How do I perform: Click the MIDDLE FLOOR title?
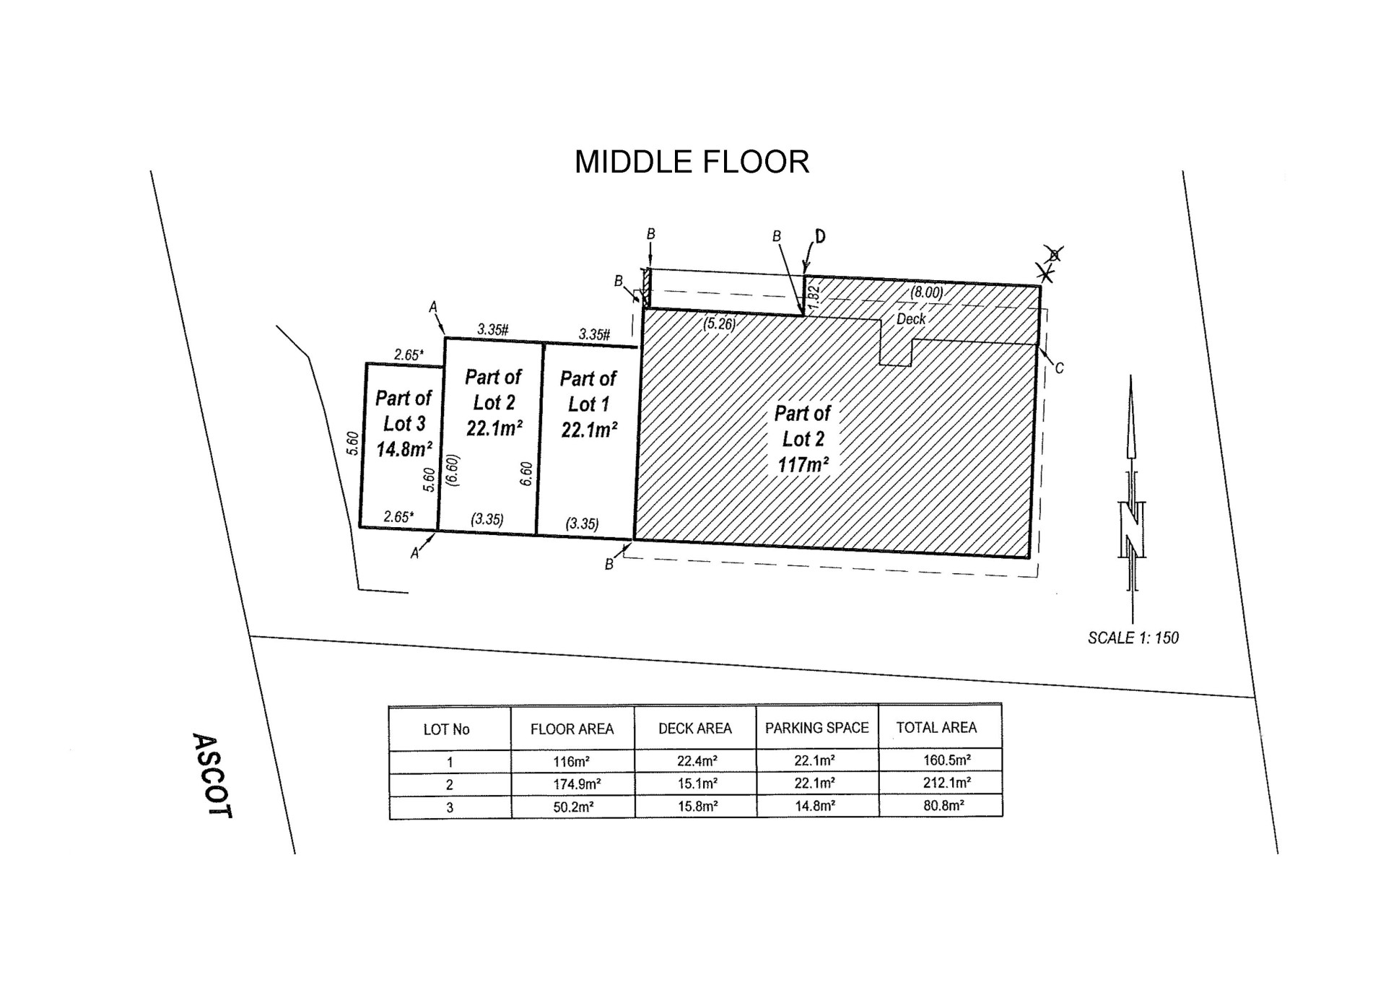point(692,162)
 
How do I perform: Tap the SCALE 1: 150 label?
point(1133,638)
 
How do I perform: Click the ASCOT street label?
point(213,775)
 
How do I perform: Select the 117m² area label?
point(803,464)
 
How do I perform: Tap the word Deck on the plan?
point(910,318)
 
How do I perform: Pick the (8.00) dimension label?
point(926,292)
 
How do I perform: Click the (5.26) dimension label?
point(720,323)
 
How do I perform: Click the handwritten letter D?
point(820,236)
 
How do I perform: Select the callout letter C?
point(1059,368)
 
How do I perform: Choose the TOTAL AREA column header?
point(936,728)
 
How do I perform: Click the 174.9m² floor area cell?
point(577,784)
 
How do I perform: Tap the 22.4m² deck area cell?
point(697,761)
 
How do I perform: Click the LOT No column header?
point(446,729)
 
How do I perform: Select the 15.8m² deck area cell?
point(697,807)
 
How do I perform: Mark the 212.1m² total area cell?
point(946,782)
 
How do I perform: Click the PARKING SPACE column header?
point(816,728)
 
